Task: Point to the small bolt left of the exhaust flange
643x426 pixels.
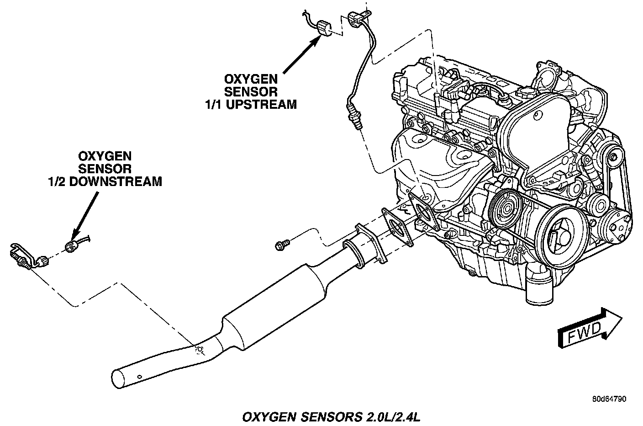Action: point(280,246)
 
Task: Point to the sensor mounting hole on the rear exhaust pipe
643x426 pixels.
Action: point(199,350)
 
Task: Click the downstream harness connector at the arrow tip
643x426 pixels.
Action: point(71,247)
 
